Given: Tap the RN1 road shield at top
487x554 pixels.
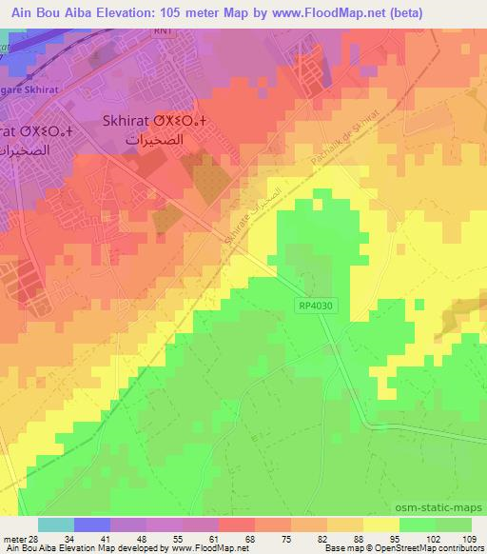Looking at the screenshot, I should pos(166,30).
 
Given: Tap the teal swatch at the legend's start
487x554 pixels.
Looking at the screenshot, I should pos(56,524).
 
